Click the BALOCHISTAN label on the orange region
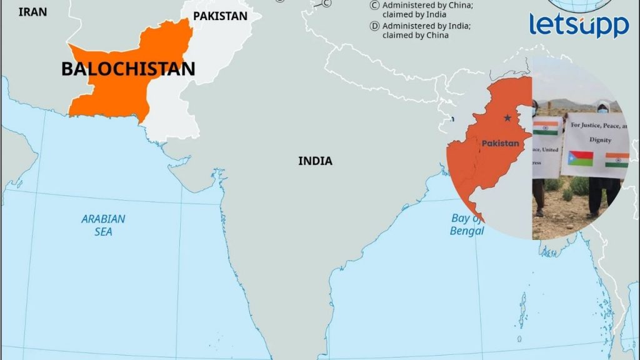click(x=128, y=69)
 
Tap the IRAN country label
click(x=33, y=12)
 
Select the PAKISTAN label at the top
click(x=220, y=16)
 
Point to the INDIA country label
click(x=315, y=161)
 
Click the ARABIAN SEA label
click(x=103, y=225)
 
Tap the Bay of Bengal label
click(x=466, y=224)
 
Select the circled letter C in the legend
click(x=375, y=5)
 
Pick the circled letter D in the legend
click(x=375, y=26)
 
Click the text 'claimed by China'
click(x=416, y=35)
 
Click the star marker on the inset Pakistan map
click(x=507, y=117)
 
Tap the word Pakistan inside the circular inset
click(x=500, y=143)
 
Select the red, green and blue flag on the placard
click(x=581, y=159)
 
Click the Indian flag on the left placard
click(x=545, y=127)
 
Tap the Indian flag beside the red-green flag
click(x=617, y=160)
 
